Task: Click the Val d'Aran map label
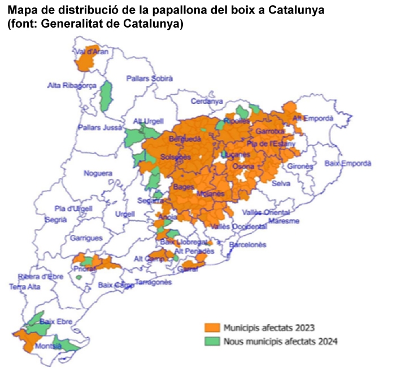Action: pyautogui.click(x=91, y=51)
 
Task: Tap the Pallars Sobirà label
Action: pyautogui.click(x=150, y=79)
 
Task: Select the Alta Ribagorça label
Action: pyautogui.click(x=71, y=86)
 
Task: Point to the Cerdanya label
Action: pyautogui.click(x=207, y=102)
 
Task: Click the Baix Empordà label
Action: pyautogui.click(x=348, y=163)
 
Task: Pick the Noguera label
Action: pyautogui.click(x=98, y=173)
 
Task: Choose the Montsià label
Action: pyautogui.click(x=48, y=346)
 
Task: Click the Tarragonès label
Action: pyautogui.click(x=154, y=282)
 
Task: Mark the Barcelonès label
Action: pyautogui.click(x=247, y=245)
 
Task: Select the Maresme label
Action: pyautogui.click(x=284, y=221)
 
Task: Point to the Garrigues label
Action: pyautogui.click(x=86, y=238)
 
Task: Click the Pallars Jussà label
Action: pyautogui.click(x=100, y=128)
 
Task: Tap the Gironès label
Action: pyautogui.click(x=300, y=167)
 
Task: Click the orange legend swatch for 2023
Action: pyautogui.click(x=211, y=327)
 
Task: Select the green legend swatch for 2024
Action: pyautogui.click(x=211, y=341)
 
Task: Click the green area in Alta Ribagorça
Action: pyautogui.click(x=105, y=96)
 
